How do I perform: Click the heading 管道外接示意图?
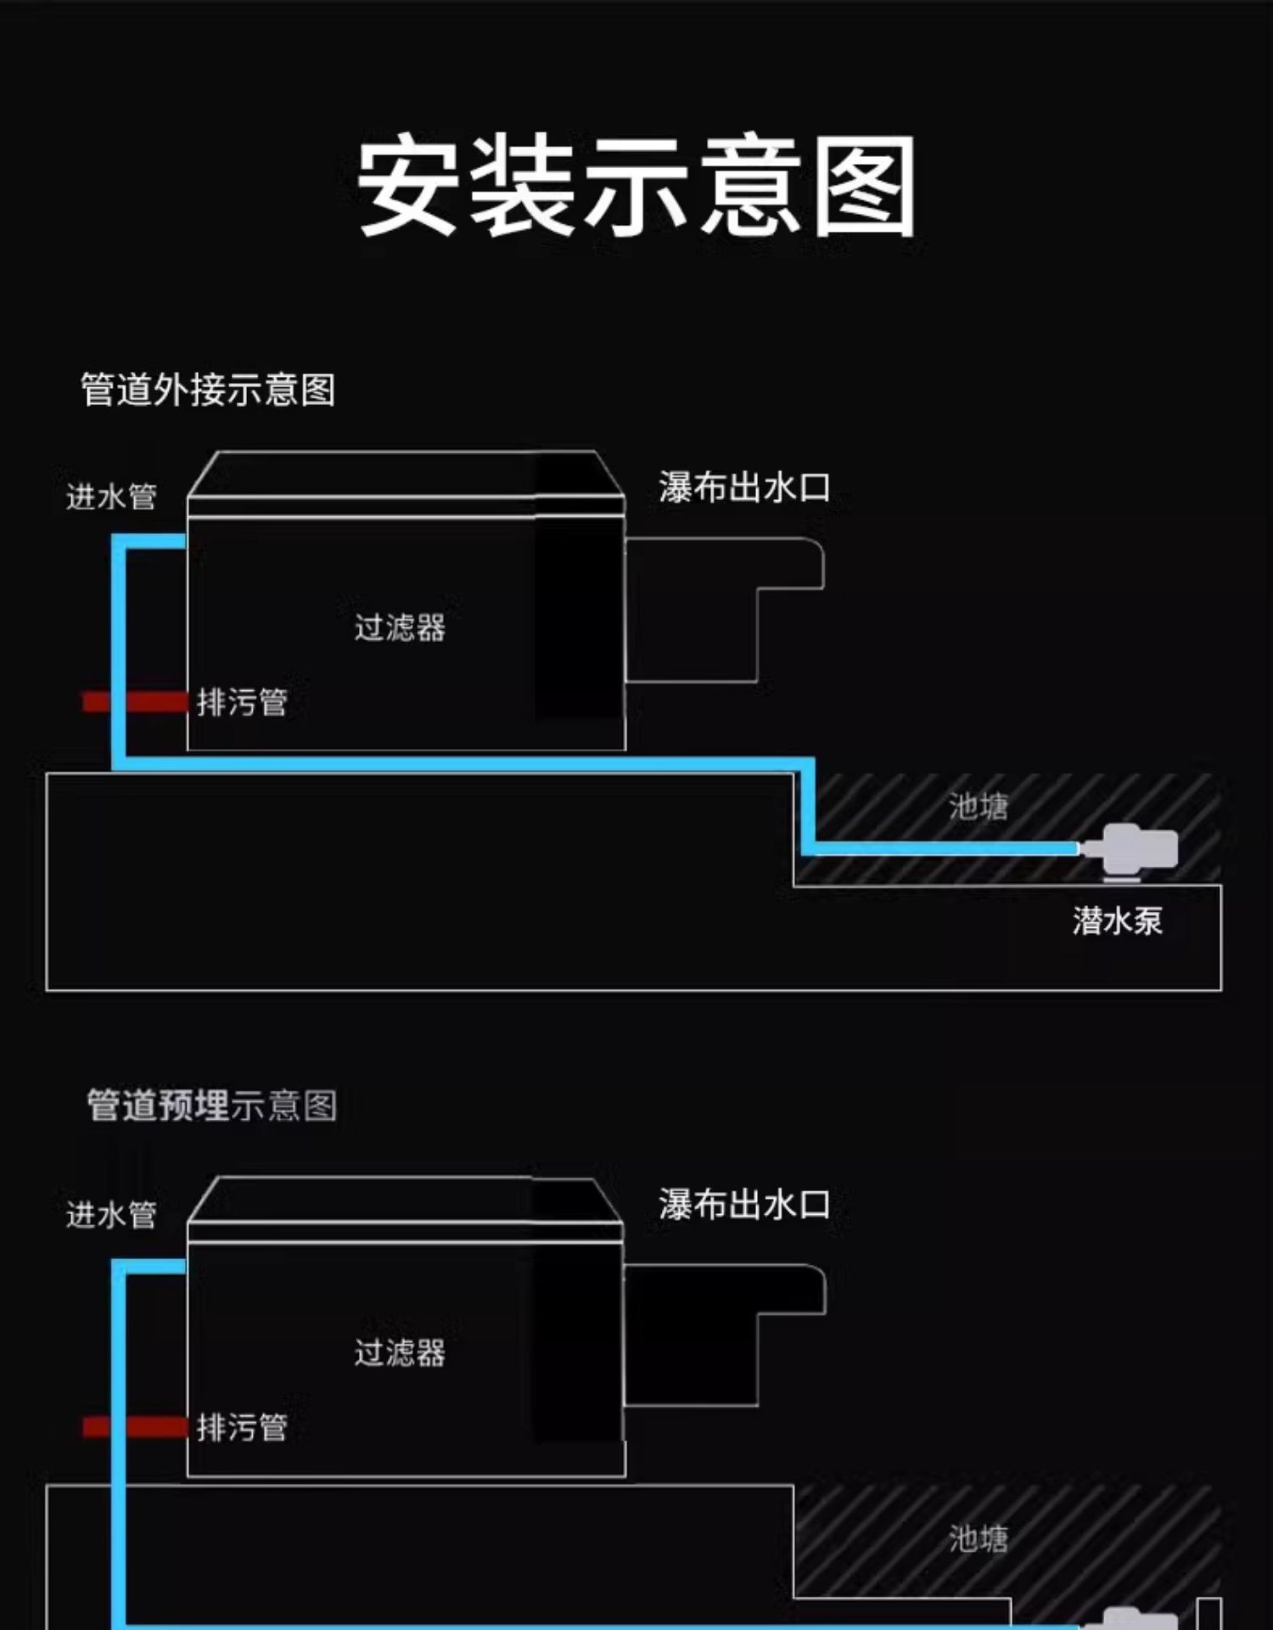(x=208, y=391)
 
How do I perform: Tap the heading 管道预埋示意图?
(x=212, y=1105)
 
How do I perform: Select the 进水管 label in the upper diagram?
(x=111, y=497)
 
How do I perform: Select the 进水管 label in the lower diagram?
(x=111, y=1215)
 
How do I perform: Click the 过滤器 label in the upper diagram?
(x=400, y=628)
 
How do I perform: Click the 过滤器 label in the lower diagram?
(x=400, y=1352)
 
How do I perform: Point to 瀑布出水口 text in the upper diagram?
(x=744, y=488)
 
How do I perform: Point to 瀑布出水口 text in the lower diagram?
(x=744, y=1205)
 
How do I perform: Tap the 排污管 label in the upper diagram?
(x=242, y=702)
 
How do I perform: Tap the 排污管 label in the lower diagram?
(x=242, y=1427)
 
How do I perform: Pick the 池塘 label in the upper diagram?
(x=979, y=807)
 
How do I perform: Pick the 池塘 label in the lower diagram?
(x=979, y=1538)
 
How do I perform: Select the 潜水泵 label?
(x=1117, y=921)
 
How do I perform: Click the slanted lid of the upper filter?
(x=406, y=474)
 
